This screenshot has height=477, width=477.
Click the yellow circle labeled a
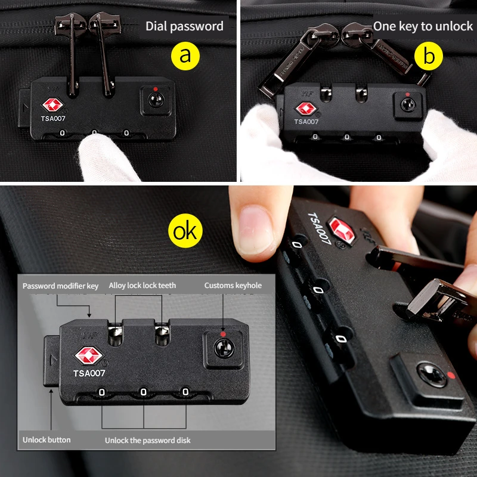point(185,56)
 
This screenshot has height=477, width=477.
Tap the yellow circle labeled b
point(429,56)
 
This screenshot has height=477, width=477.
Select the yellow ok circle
point(185,231)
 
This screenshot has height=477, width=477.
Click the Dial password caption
point(184,26)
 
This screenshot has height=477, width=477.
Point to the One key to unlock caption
point(423,26)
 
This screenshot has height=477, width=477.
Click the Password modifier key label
point(61,286)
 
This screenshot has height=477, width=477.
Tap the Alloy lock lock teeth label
point(143,286)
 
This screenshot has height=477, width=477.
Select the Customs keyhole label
point(233,286)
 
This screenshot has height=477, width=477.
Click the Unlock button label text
point(47,440)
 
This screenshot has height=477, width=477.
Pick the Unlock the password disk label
point(147,441)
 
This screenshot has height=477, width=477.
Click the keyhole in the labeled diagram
point(224,348)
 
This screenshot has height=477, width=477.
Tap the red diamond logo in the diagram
point(88,355)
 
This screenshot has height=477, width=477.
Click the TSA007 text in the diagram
point(89,373)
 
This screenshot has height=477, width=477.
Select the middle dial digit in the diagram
point(143,392)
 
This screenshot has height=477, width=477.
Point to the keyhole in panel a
point(156,100)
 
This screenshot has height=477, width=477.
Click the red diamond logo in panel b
point(306,109)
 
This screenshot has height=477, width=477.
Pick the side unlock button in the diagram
point(52,361)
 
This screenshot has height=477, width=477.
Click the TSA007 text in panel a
point(53,118)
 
